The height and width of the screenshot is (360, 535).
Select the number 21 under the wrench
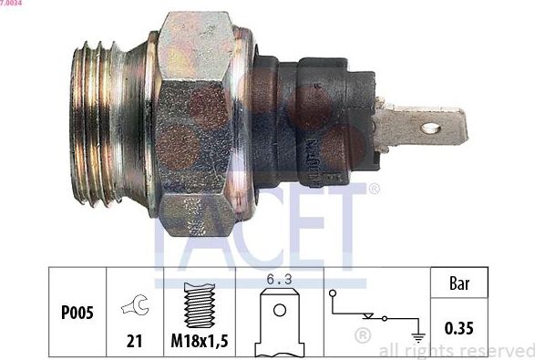(134, 342)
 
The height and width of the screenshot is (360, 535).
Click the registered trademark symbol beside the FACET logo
(374, 188)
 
